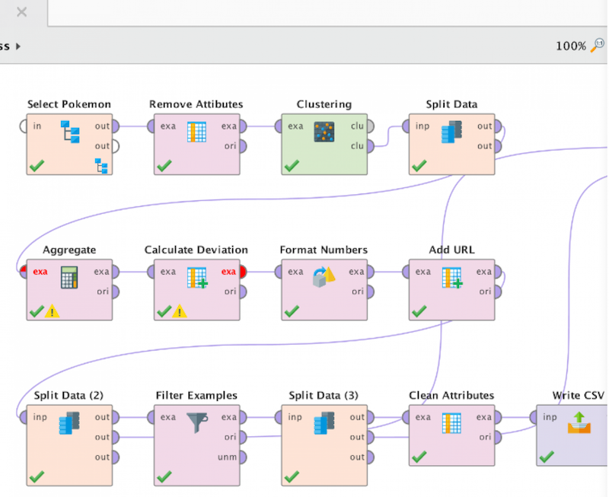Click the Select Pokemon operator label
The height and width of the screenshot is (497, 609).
pyautogui.click(x=69, y=104)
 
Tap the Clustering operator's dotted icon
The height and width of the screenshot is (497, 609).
pyautogui.click(x=324, y=132)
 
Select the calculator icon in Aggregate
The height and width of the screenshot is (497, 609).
pyautogui.click(x=69, y=279)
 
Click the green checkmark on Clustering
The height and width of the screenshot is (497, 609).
pyautogui.click(x=292, y=165)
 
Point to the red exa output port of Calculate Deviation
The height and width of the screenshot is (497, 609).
pyautogui.click(x=240, y=272)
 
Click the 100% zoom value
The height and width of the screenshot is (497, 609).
pyautogui.click(x=571, y=46)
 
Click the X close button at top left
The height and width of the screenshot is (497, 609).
pyautogui.click(x=21, y=11)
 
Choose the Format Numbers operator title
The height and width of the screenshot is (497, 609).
pyautogui.click(x=324, y=250)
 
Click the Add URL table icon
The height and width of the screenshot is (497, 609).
pyautogui.click(x=452, y=279)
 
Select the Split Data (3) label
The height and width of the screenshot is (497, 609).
pyautogui.click(x=324, y=395)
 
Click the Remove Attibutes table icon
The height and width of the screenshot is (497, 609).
pyautogui.click(x=197, y=132)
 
